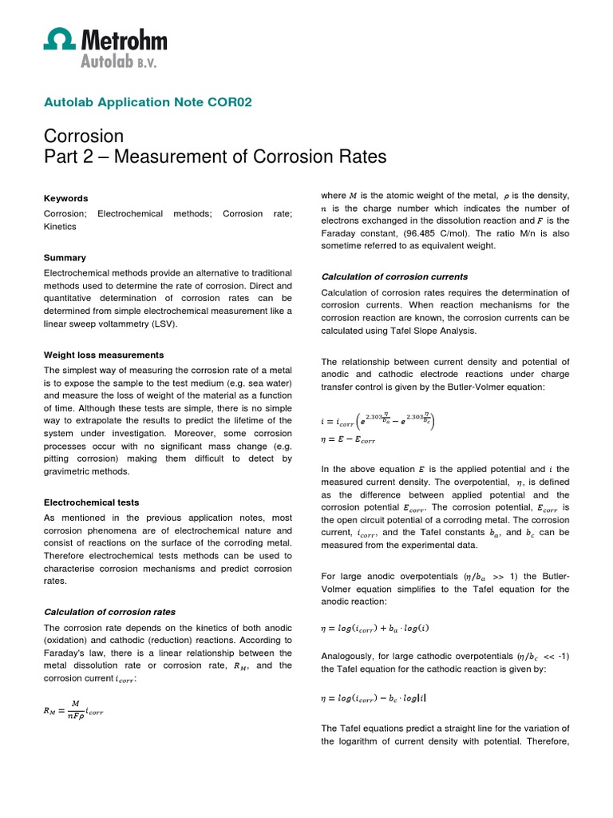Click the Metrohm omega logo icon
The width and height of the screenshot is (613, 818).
58,41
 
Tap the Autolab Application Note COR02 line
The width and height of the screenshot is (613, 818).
148,102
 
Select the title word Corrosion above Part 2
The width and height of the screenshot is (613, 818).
84,136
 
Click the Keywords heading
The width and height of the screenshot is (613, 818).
65,198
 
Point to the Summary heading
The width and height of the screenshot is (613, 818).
65,258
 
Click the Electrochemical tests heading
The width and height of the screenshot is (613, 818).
91,502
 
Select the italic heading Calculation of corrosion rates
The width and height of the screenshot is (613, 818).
109,612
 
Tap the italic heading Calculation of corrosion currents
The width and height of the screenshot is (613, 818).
394,276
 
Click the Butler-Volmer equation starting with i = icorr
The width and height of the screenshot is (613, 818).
380,420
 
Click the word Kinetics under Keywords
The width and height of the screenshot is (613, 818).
61,226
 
